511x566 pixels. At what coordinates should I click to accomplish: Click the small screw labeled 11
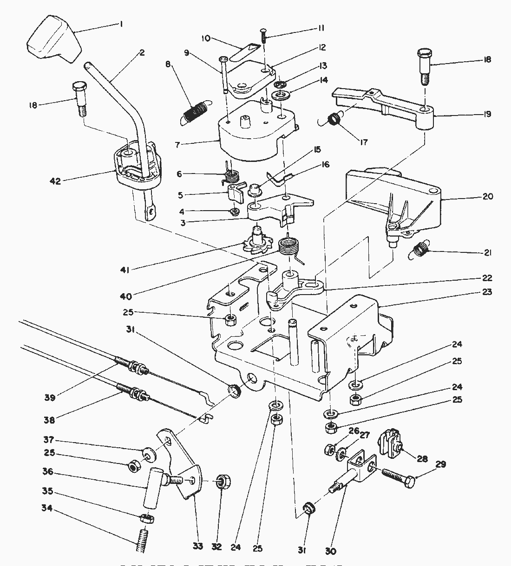[263, 36]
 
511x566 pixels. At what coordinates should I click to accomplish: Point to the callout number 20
[487, 196]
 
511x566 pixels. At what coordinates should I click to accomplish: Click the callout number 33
[197, 547]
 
